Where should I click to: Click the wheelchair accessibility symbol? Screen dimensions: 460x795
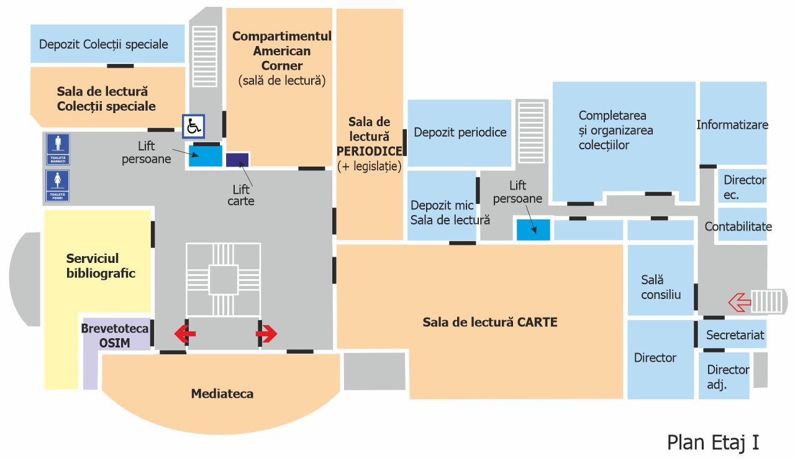click(193, 126)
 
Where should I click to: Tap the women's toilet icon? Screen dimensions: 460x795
click(58, 186)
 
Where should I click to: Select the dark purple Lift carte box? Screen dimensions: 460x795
click(237, 159)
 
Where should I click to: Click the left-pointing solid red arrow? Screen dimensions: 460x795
click(184, 334)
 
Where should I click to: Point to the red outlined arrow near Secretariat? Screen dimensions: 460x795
click(739, 303)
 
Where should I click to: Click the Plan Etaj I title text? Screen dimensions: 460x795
click(713, 442)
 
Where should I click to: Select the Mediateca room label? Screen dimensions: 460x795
click(222, 393)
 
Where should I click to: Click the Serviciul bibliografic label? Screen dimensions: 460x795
click(101, 265)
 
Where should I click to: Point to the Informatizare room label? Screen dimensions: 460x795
click(732, 125)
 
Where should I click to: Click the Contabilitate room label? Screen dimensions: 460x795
click(738, 227)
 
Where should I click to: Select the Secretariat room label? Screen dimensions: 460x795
click(735, 335)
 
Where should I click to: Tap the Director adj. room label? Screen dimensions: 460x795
click(727, 377)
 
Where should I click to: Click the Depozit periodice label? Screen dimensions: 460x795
click(460, 132)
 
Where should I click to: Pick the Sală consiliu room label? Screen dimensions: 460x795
click(661, 287)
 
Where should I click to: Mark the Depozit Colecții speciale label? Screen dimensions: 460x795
click(104, 44)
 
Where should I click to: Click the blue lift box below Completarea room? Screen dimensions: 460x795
click(533, 229)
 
